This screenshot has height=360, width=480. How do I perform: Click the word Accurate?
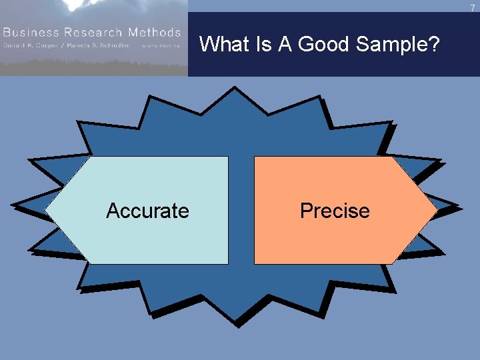pos(147,211)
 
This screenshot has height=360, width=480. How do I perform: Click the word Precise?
pos(335,211)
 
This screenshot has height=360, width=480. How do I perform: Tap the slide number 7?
pos(473,7)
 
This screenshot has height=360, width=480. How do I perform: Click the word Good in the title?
pos(325,45)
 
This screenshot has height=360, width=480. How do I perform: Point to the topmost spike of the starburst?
pos(233,90)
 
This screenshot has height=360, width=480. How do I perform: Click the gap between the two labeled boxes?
pos(241,211)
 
